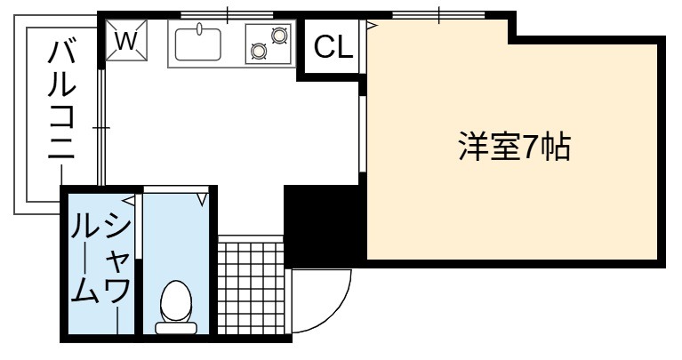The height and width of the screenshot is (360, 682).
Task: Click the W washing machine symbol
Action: click(x=126, y=40)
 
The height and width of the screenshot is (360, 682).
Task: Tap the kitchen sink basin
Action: click(x=198, y=44)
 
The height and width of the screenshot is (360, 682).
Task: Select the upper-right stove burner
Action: click(x=279, y=35)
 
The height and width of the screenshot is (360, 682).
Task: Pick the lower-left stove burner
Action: click(x=258, y=52)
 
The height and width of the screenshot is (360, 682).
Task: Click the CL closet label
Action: click(x=333, y=46)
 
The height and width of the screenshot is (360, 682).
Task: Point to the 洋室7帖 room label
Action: click(x=515, y=147)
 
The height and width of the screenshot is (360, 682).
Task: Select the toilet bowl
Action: click(x=176, y=300)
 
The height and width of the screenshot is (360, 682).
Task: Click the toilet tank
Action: click(x=176, y=328)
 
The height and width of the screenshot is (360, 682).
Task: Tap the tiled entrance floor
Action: click(x=251, y=288)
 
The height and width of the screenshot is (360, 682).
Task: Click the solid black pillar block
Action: click(x=321, y=224)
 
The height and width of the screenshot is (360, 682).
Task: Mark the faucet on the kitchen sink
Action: click(x=200, y=28)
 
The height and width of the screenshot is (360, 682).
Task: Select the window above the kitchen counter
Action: click(x=227, y=16)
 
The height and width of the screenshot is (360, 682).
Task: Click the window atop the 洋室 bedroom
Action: click(x=439, y=16)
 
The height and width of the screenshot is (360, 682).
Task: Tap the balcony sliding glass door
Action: click(x=100, y=127)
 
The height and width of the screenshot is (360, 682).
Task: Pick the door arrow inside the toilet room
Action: click(x=202, y=200)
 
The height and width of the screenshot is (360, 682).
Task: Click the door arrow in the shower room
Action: click(x=128, y=200)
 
